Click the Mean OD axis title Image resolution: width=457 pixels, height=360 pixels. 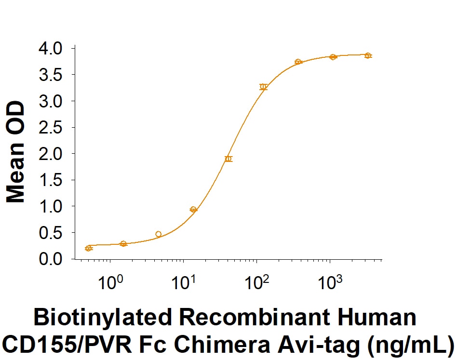(x=16, y=151)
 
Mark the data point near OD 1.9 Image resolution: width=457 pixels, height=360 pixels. (x=228, y=159)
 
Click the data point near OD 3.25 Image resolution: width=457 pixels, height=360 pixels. (x=263, y=87)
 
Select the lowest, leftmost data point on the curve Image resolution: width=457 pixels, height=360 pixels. (x=89, y=248)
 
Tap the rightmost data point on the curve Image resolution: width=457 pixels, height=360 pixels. (x=368, y=55)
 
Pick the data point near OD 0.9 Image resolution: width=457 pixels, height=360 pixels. (x=193, y=210)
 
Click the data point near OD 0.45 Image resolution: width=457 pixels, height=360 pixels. (x=159, y=234)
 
